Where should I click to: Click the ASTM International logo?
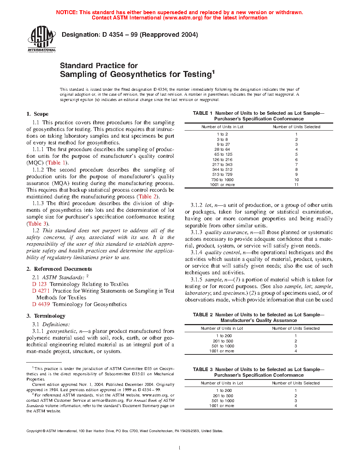click(x=42, y=39)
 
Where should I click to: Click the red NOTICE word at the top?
click(x=67, y=12)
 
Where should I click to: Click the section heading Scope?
click(x=41, y=114)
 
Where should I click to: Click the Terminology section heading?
click(x=49, y=316)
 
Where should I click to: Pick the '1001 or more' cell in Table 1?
click(x=222, y=185)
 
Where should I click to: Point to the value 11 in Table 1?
click(x=296, y=185)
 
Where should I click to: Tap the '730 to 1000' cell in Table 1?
click(x=222, y=180)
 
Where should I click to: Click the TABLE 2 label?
click(x=203, y=315)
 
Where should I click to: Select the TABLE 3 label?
click(x=203, y=369)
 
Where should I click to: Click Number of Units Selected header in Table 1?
click(x=296, y=127)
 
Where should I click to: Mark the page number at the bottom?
click(x=180, y=448)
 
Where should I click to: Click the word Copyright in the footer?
click(x=34, y=431)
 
